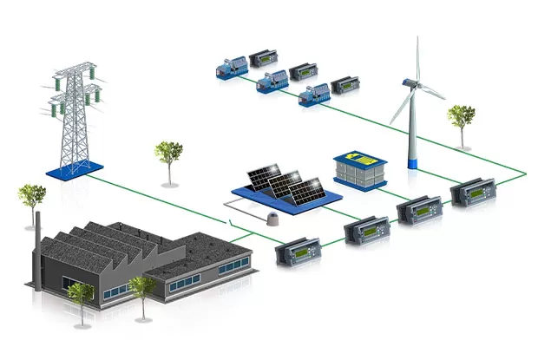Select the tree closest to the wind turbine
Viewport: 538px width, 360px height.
click(x=461, y=122)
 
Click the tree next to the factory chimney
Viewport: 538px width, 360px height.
click(x=32, y=200)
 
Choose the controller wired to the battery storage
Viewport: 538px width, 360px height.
click(x=414, y=211)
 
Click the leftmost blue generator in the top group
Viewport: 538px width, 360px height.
click(x=233, y=66)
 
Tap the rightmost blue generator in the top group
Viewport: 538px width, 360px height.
click(x=314, y=95)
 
